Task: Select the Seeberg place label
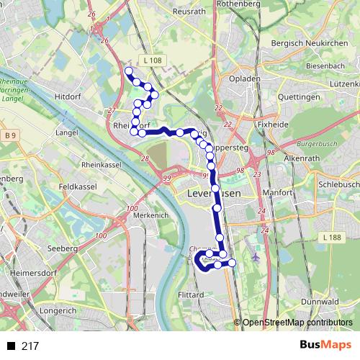tap(60, 248)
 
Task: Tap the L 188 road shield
tap(332, 238)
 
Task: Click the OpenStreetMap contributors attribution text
tap(297, 323)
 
